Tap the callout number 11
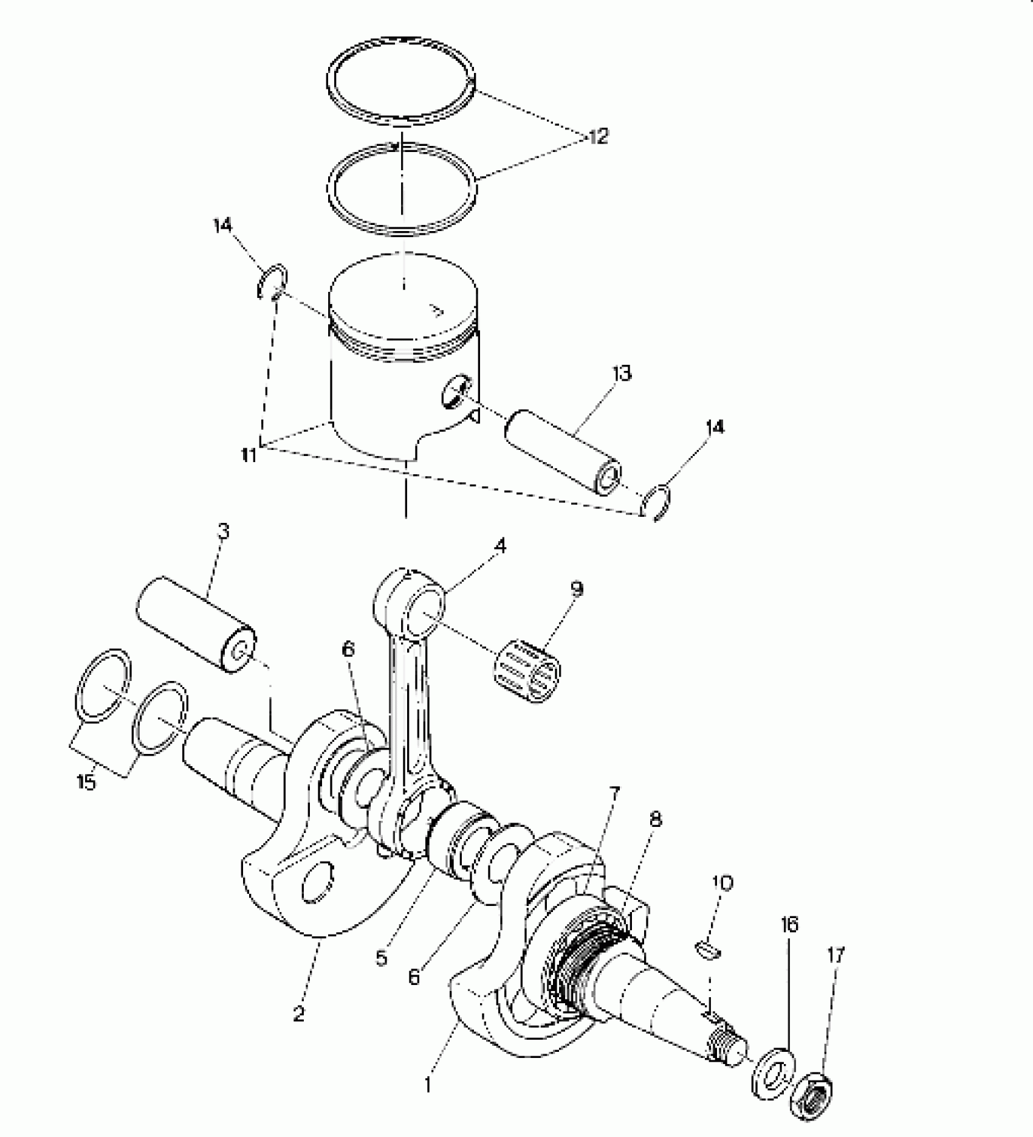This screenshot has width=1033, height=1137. coord(249,455)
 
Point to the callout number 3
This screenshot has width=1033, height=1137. coord(223,533)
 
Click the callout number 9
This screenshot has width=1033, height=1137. coord(577,589)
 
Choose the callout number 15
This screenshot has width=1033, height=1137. coord(87,782)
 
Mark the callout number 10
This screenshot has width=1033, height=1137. coord(722,883)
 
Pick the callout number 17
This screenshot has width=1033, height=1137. coord(836,956)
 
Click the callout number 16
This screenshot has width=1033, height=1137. coord(789,925)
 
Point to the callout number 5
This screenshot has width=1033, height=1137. coord(381,958)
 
